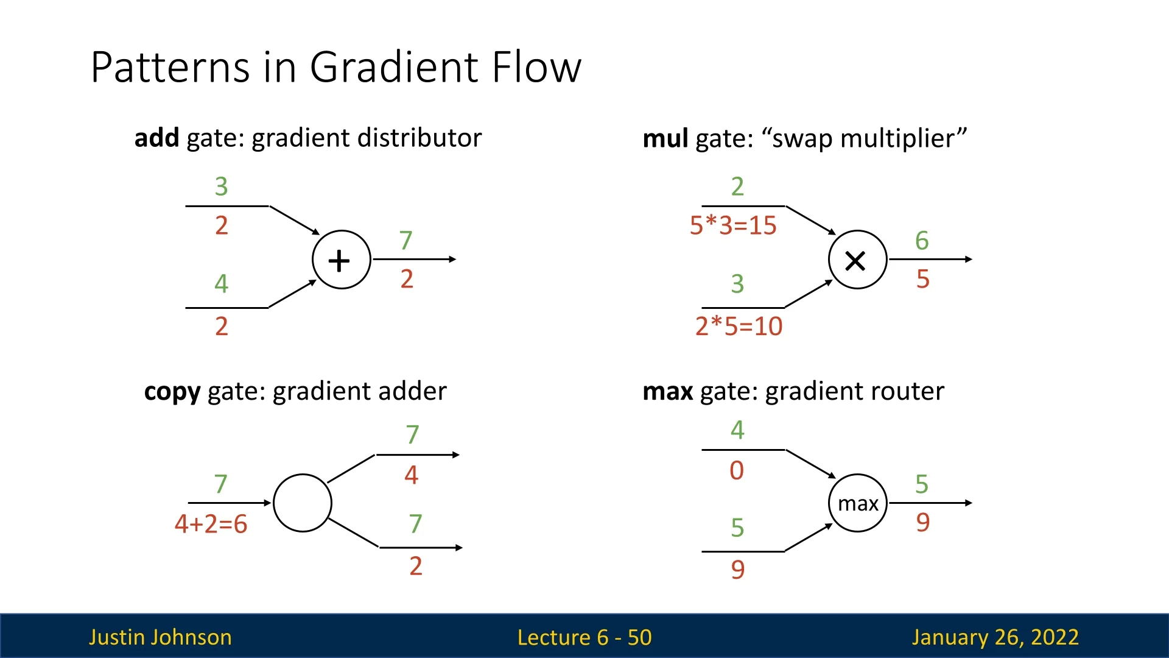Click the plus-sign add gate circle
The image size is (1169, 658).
[x=341, y=260]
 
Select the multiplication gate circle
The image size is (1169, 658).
[x=857, y=260]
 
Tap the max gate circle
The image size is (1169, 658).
[x=857, y=503]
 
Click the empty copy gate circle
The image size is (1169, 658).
[x=303, y=503]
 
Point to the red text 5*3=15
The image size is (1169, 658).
[x=733, y=225]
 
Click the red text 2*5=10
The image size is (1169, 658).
[x=739, y=327]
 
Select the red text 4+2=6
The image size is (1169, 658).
[x=211, y=524]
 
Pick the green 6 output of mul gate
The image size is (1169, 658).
[x=922, y=241]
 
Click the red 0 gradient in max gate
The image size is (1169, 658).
[x=737, y=470]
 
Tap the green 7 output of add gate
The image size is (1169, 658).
[x=405, y=241]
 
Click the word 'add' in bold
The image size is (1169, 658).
[x=156, y=138]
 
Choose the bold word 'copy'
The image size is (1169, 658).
[x=172, y=392]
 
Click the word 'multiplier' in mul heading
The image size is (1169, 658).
[x=897, y=139]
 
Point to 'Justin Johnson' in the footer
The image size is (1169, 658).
[x=160, y=637]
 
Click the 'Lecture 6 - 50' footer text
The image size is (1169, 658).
[x=584, y=637]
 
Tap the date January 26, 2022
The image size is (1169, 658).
[x=995, y=637]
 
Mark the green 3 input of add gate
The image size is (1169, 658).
[x=221, y=186]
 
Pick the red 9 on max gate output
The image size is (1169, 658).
[x=922, y=523]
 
